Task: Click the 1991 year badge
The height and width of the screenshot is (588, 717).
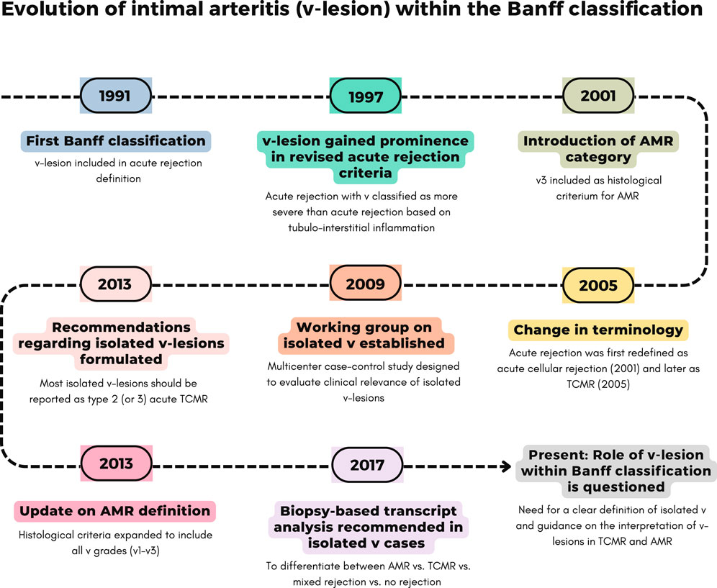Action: [116, 96]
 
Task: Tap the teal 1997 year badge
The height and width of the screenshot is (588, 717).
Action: [366, 96]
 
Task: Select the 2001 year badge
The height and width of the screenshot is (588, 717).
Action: [598, 96]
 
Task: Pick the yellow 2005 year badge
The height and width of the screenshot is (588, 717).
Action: [598, 285]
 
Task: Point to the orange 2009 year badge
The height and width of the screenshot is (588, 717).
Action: [366, 284]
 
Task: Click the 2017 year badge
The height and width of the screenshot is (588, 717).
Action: [367, 465]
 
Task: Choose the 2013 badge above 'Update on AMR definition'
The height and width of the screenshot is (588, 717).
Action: [116, 463]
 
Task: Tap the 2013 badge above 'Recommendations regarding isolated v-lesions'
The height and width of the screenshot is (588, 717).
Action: [116, 284]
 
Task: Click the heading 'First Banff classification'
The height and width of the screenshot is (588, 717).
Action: [116, 141]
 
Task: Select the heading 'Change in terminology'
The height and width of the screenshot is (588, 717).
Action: [598, 330]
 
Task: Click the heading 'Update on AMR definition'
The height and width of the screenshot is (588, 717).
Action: [114, 511]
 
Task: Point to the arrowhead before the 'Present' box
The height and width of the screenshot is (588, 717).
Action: [507, 466]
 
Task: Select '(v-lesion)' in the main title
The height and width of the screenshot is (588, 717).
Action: [343, 9]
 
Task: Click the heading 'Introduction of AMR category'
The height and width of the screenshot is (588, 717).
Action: [598, 148]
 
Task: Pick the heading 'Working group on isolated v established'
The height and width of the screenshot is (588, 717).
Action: [364, 335]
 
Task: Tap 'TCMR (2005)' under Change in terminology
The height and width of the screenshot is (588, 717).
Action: [598, 384]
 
